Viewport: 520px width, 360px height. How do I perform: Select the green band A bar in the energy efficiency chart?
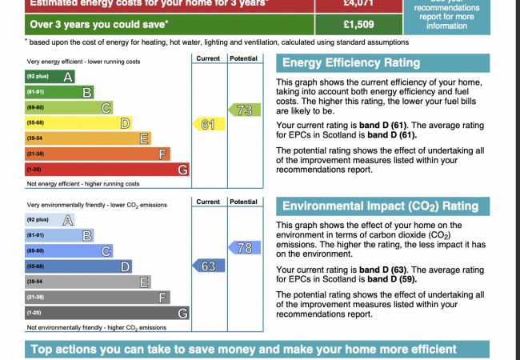click(50, 77)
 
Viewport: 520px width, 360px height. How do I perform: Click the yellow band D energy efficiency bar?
click(78, 123)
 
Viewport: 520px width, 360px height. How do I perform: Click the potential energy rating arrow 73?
click(245, 110)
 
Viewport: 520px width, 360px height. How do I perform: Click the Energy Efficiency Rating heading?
click(351, 63)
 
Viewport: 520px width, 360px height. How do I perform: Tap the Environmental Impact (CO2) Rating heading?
click(380, 206)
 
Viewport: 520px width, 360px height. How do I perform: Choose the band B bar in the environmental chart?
click(60, 235)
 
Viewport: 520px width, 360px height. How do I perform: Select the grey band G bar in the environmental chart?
click(107, 312)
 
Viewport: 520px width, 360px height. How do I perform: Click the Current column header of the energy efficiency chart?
click(208, 58)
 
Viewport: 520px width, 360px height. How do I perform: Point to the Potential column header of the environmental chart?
click(243, 202)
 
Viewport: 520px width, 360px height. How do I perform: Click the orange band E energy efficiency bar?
click(88, 138)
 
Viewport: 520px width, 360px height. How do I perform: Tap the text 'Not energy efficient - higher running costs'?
click(83, 183)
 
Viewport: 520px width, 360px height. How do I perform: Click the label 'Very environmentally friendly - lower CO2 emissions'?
click(97, 206)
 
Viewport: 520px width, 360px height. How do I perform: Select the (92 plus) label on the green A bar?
click(38, 77)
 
